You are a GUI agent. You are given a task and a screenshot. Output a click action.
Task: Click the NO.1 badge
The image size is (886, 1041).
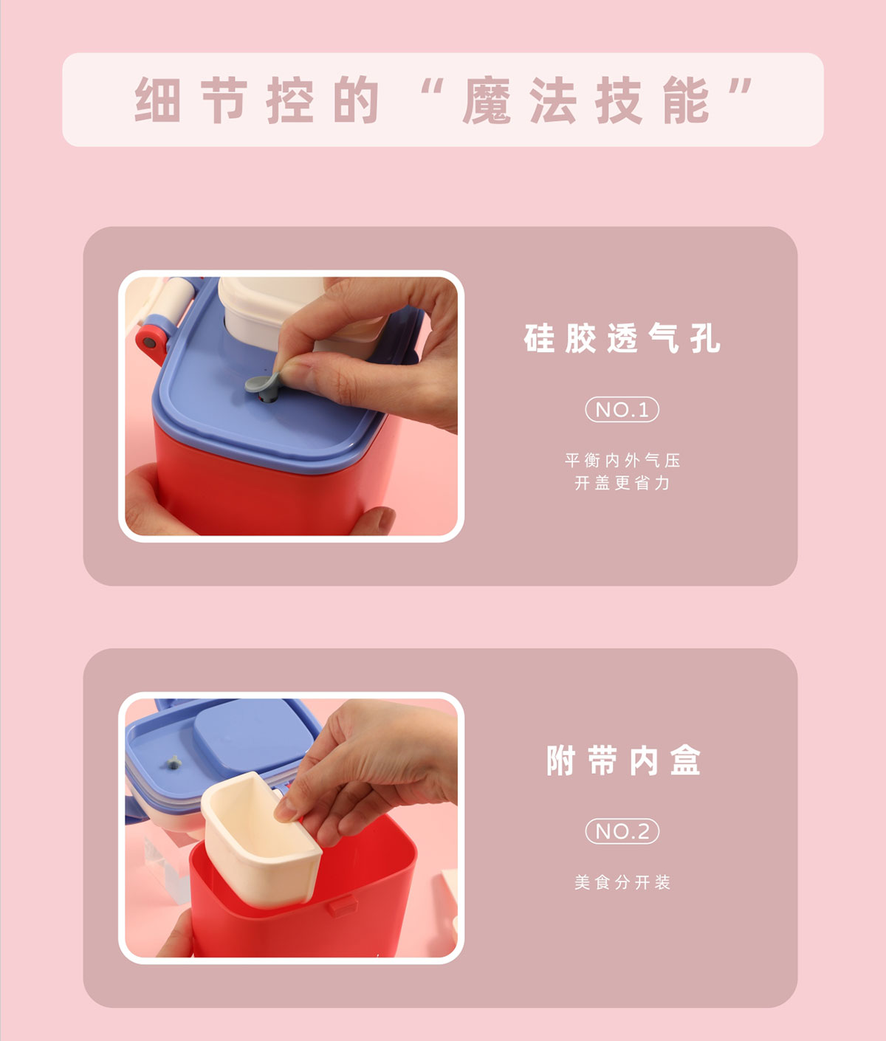tap(622, 410)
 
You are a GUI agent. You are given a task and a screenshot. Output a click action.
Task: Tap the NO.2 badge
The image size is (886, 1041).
tap(622, 831)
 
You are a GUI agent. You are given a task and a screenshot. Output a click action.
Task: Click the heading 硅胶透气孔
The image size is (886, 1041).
tap(622, 338)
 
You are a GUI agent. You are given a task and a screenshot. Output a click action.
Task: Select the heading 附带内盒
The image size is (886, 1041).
tap(624, 760)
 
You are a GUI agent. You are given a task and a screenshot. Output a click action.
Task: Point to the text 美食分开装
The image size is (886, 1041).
tap(622, 882)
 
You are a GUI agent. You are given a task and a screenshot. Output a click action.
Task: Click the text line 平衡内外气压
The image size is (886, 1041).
tap(622, 460)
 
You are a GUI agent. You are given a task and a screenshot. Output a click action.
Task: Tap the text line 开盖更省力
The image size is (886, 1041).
tap(622, 483)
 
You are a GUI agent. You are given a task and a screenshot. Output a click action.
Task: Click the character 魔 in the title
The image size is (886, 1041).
tap(487, 100)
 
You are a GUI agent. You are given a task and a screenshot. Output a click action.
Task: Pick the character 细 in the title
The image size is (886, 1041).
tap(157, 100)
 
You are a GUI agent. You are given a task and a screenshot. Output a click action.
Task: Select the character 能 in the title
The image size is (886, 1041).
tap(686, 100)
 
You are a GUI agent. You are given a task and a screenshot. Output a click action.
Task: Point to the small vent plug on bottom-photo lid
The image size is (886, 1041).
tap(174, 763)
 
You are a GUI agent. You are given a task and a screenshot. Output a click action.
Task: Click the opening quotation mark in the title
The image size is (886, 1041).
tap(431, 86)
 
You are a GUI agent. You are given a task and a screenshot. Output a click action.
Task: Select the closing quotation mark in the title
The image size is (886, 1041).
tap(741, 86)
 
